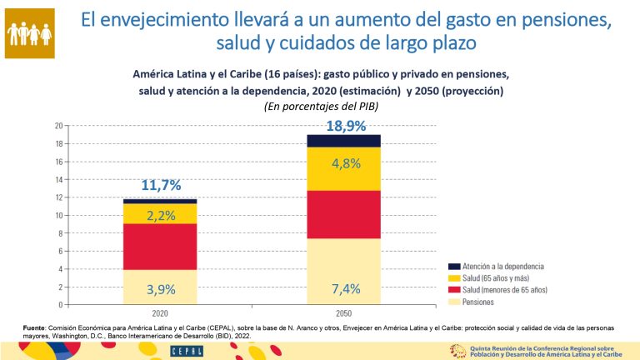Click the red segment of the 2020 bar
160,247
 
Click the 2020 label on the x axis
160,312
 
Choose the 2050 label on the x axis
343,312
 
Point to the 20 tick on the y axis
59,127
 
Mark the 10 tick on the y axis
59,216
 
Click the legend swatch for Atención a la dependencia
454,267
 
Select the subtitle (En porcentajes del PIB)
321,106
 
